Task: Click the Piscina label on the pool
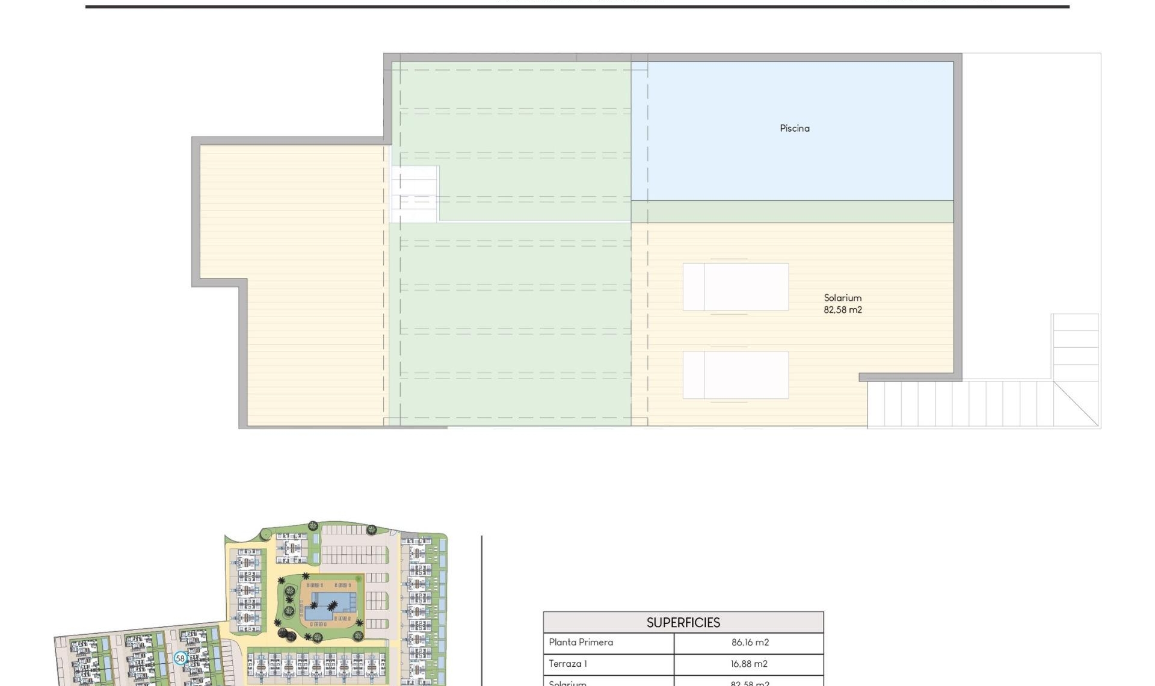pos(794,128)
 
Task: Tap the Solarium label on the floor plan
pos(842,298)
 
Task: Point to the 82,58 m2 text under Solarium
pos(842,310)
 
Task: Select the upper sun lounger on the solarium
pos(735,286)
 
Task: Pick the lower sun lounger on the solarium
pos(735,374)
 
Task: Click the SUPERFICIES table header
pos(683,622)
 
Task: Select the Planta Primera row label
pos(581,642)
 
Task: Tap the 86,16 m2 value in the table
pos(750,642)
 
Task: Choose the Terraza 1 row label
pos(567,664)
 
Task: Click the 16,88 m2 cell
pos(749,664)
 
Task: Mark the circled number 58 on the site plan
pos(180,658)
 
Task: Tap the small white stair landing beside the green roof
pos(414,194)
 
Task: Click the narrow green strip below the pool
pos(792,212)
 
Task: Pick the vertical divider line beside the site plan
pos(482,608)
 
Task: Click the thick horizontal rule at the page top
pos(577,7)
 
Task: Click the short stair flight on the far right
pos(1075,346)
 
